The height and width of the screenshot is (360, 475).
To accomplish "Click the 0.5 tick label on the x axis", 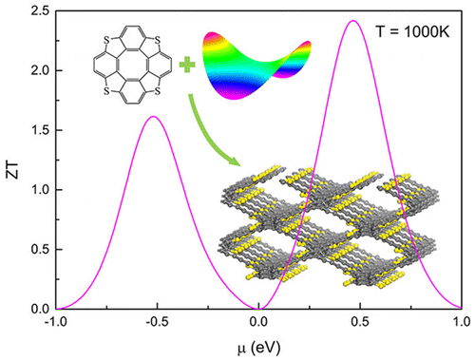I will pos(359,323).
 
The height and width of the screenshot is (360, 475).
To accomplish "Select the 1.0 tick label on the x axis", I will pos(459,323).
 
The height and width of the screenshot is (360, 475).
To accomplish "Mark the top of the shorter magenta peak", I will pos(155,116).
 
